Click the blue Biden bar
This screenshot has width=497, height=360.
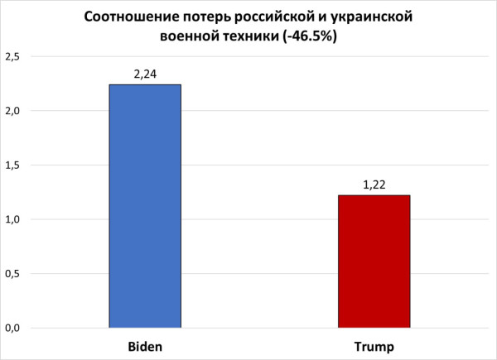[x=145, y=207]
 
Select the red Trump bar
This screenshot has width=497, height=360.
[x=374, y=262]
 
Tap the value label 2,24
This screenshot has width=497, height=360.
[x=145, y=74]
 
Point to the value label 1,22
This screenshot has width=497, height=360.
[x=374, y=185]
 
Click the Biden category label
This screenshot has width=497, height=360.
[x=145, y=345]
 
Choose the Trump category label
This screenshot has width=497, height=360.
[x=374, y=345]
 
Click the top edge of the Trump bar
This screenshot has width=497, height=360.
[x=374, y=195]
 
